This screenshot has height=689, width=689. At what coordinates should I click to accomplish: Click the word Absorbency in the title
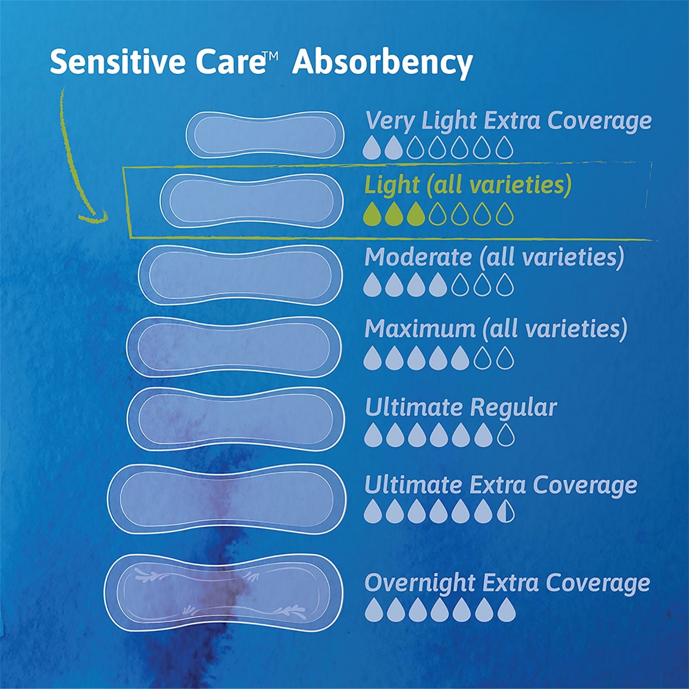pyautogui.click(x=382, y=63)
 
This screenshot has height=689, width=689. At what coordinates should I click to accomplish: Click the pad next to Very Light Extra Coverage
pyautogui.click(x=265, y=133)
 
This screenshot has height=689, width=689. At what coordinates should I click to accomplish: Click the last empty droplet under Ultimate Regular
pyautogui.click(x=505, y=435)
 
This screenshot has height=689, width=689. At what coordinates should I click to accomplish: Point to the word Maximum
pyautogui.click(x=420, y=329)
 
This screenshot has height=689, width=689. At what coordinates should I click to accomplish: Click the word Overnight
pyautogui.click(x=416, y=583)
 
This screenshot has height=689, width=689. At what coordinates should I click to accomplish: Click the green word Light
pyautogui.click(x=391, y=185)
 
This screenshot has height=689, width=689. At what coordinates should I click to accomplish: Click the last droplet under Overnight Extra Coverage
pyautogui.click(x=507, y=610)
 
